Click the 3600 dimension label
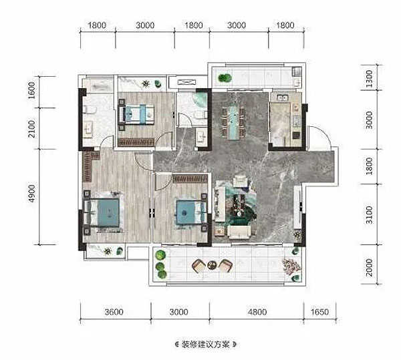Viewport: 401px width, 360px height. (x=114, y=312)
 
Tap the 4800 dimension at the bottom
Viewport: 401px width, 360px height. (x=257, y=312)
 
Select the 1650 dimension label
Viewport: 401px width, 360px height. (x=319, y=312)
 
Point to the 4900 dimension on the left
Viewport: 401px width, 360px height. (x=31, y=194)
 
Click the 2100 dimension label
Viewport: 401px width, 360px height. (x=31, y=129)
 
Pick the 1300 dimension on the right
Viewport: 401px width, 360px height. (x=370, y=79)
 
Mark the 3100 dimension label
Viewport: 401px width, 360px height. (x=370, y=215)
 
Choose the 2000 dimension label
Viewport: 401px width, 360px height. (x=370, y=268)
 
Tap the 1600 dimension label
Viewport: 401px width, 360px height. (x=31, y=90)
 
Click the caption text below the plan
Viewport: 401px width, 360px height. (x=206, y=344)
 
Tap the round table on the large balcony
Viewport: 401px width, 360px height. (x=212, y=265)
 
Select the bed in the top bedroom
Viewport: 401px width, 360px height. (x=137, y=114)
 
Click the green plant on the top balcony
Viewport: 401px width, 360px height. (x=225, y=77)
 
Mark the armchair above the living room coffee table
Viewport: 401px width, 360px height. (x=241, y=180)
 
